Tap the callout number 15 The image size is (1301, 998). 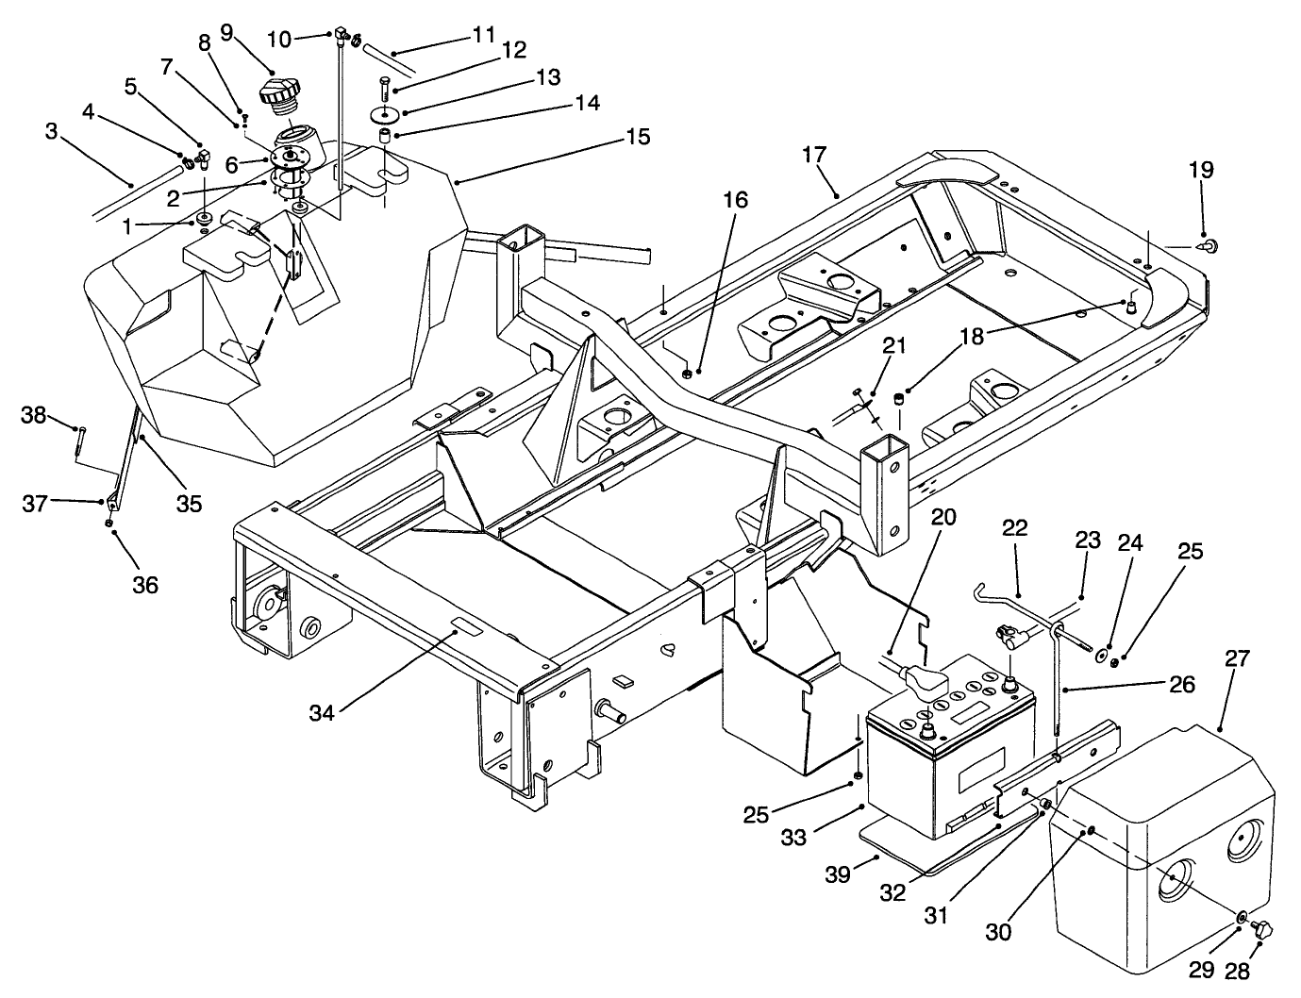coord(638,138)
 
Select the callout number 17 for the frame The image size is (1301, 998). coord(815,154)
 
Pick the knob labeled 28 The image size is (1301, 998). coord(1261,928)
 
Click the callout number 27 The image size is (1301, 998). coord(1237,657)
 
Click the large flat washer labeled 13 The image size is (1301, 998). coord(384,114)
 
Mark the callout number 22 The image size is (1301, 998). coord(1014,528)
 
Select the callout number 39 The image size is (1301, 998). coord(837,875)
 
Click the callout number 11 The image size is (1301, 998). coord(483,35)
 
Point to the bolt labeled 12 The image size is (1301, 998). coord(385,90)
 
